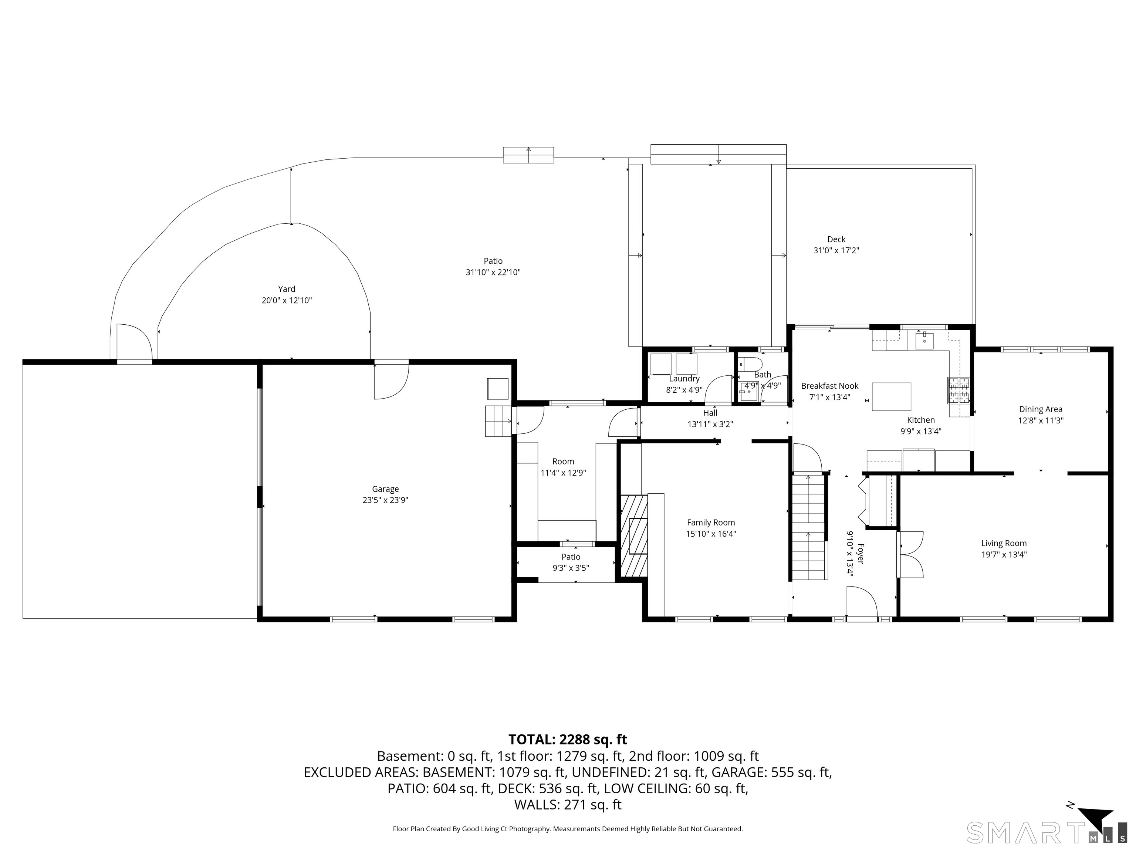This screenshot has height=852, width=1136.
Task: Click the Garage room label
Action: [385, 489]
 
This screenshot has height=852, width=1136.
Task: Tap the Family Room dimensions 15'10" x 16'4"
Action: [711, 534]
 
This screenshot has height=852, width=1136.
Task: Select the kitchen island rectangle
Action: [892, 397]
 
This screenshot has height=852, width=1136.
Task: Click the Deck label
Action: [836, 239]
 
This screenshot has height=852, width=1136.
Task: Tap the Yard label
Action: [287, 289]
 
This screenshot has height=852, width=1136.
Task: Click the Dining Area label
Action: [1041, 409]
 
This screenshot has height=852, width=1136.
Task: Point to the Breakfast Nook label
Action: [829, 386]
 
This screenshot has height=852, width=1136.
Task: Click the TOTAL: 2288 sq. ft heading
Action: [568, 740]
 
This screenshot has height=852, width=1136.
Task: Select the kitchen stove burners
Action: [958, 389]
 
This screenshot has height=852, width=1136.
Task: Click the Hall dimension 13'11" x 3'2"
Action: [710, 424]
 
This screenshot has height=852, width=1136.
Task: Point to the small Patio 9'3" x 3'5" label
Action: [571, 562]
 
